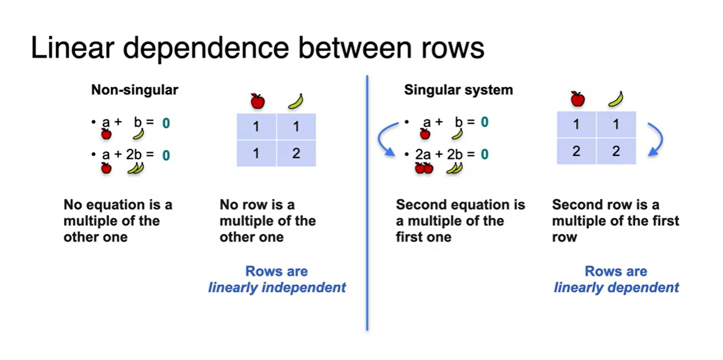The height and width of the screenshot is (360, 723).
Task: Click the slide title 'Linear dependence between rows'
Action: click(257, 47)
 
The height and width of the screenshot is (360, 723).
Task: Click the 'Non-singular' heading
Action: click(134, 90)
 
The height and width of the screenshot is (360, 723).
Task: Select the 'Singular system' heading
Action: click(458, 90)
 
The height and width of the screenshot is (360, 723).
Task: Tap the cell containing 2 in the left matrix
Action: click(296, 153)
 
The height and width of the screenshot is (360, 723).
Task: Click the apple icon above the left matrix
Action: click(257, 101)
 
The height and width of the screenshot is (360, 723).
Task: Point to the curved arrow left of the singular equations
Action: click(388, 139)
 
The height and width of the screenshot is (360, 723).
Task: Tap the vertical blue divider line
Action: click(367, 202)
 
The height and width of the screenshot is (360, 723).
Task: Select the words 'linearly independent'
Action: click(277, 287)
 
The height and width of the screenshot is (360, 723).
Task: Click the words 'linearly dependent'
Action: click(616, 287)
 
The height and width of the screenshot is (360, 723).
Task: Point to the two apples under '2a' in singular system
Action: click(424, 168)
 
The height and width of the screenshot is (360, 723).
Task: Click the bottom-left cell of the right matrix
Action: click(576, 151)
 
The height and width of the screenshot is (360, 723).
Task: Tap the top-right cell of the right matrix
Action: click(616, 124)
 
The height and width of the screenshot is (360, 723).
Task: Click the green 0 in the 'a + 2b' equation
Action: click(166, 156)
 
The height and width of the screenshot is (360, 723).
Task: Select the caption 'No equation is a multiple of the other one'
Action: click(118, 221)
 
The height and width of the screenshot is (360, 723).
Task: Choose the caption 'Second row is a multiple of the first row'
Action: click(615, 221)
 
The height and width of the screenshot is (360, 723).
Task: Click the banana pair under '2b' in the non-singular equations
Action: click(135, 169)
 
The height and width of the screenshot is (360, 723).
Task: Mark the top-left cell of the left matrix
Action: click(256, 127)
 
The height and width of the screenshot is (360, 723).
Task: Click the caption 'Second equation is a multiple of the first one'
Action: click(460, 221)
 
